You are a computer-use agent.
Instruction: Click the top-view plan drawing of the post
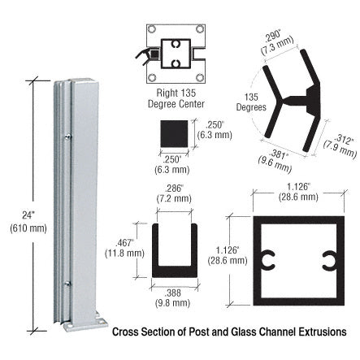tap(176, 52)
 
